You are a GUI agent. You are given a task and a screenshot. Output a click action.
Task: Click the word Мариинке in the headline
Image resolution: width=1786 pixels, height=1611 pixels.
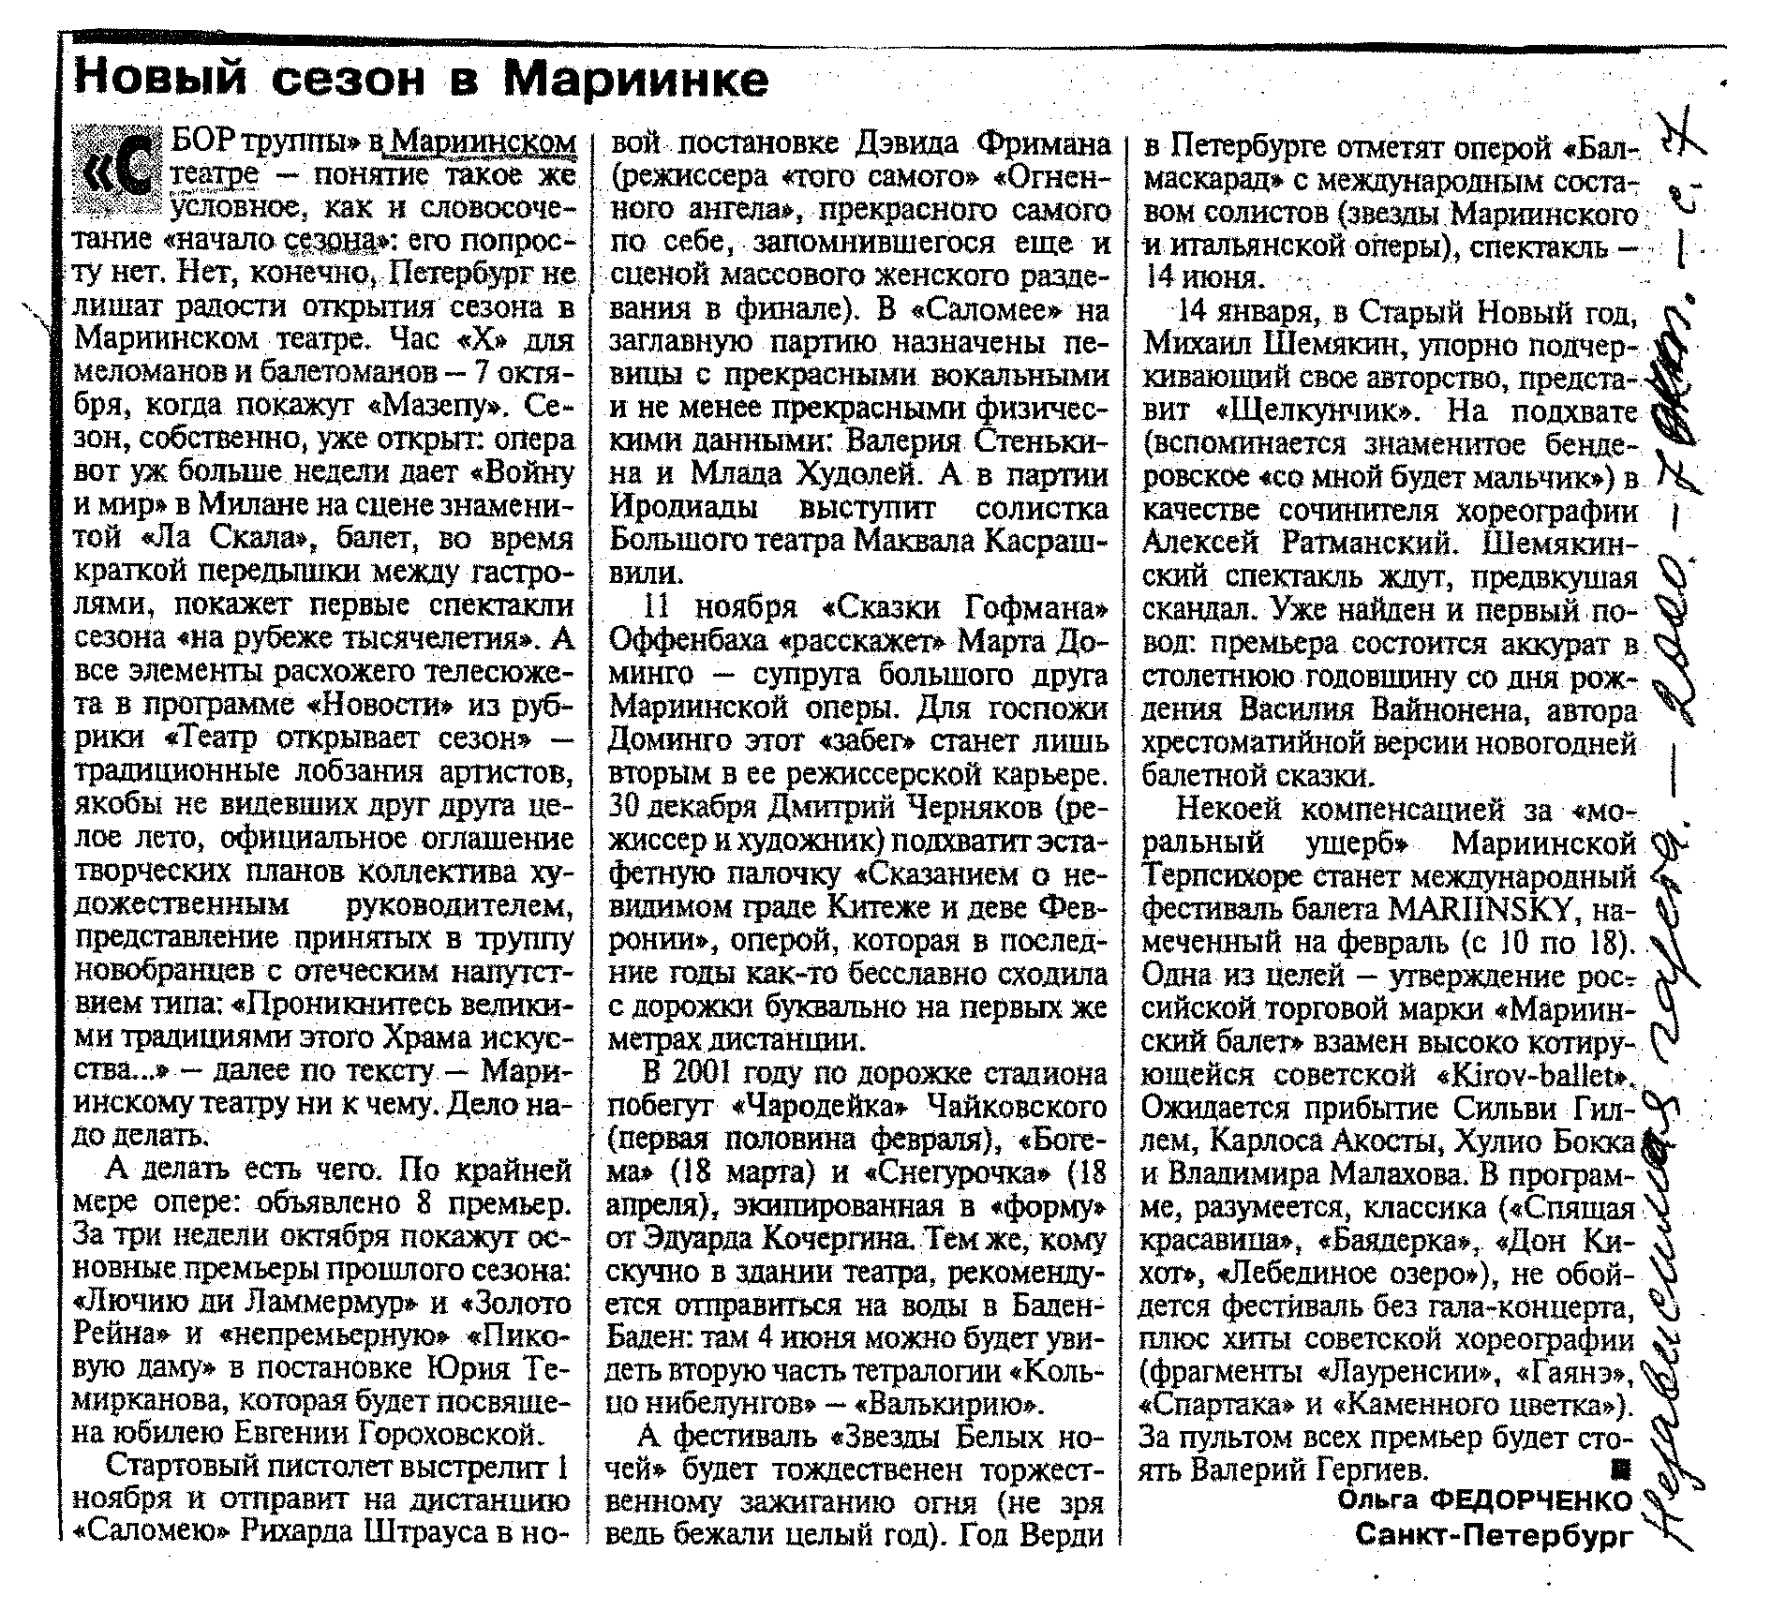[x=635, y=79]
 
